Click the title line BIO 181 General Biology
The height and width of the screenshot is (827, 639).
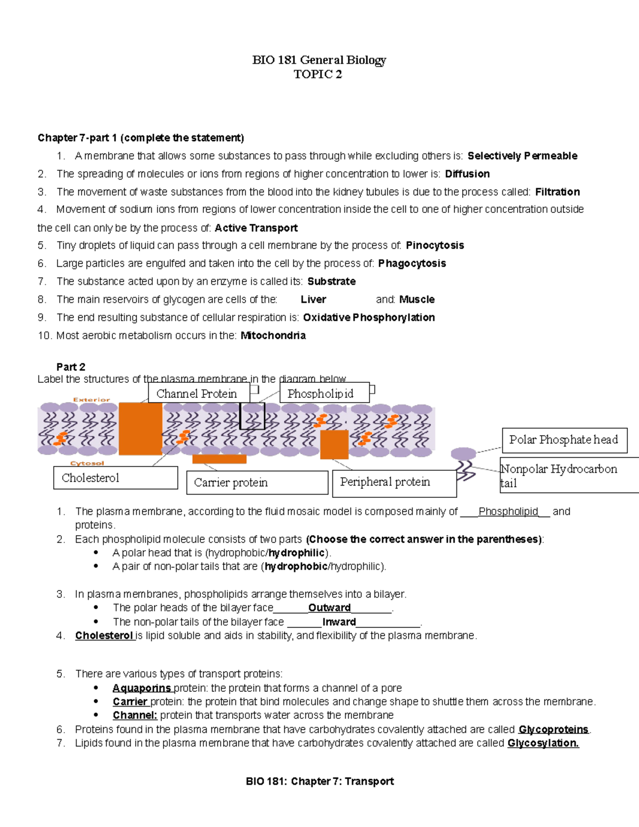[x=319, y=60]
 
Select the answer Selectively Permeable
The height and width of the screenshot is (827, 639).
[x=522, y=156]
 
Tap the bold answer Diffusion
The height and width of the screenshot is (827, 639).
[x=467, y=174]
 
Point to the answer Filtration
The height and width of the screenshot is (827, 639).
[x=557, y=192]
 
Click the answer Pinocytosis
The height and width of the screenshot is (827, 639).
[x=435, y=245]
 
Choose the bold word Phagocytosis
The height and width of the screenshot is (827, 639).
[x=412, y=264]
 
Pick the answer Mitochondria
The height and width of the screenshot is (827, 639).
[x=273, y=335]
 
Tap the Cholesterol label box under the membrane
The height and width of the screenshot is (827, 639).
[x=116, y=478]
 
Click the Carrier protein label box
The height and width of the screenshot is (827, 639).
[x=257, y=482]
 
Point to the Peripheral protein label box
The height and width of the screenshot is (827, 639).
[x=394, y=482]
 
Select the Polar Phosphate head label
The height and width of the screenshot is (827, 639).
[x=564, y=440]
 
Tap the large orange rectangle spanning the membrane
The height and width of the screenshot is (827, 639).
[x=140, y=429]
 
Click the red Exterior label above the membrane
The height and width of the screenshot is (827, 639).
[x=92, y=399]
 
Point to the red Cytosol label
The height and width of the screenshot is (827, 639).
[x=87, y=463]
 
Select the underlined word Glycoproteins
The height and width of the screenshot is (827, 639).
[x=553, y=730]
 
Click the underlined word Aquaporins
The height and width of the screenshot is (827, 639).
[x=142, y=688]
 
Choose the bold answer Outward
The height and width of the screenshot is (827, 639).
[x=329, y=608]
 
